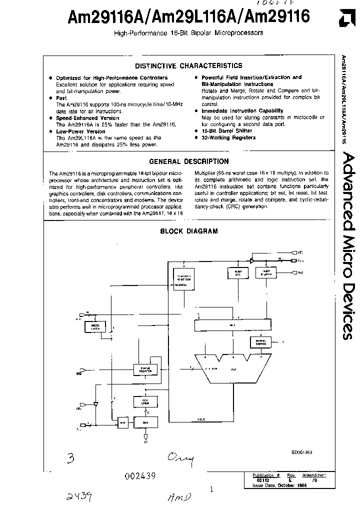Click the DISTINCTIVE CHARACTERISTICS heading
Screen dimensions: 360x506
(x=189, y=65)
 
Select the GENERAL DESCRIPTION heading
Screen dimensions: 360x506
(x=189, y=161)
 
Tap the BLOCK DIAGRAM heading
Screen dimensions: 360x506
(x=188, y=231)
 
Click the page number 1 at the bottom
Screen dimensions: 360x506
(x=211, y=490)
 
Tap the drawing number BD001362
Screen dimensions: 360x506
(x=303, y=451)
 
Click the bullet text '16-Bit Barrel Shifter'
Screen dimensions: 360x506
(x=226, y=130)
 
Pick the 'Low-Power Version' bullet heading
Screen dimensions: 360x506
(x=80, y=131)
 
